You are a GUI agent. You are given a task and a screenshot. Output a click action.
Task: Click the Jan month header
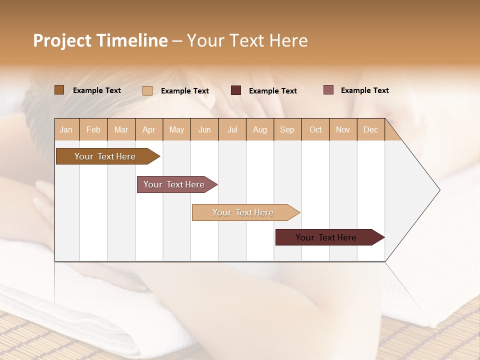point(66,129)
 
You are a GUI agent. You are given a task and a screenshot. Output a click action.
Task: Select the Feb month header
point(93,129)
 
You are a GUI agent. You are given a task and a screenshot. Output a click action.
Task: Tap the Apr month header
point(148,129)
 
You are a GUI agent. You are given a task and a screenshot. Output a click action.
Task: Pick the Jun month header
point(204,129)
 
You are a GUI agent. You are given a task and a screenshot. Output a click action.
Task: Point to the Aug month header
point(259,129)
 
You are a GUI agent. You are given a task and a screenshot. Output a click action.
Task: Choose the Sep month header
point(287,129)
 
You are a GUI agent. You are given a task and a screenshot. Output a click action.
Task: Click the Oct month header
point(315,129)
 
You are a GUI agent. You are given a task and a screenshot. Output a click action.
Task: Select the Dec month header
point(370,129)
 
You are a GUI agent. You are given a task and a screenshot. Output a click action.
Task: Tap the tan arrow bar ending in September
point(243,212)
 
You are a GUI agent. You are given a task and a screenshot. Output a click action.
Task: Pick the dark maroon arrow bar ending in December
point(326,237)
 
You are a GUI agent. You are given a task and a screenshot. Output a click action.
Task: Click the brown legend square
point(59,90)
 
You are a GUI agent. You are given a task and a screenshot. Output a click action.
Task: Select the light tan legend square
point(147,90)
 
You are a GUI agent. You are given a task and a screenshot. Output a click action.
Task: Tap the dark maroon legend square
point(236,90)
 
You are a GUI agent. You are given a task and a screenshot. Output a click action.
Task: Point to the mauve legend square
point(328,90)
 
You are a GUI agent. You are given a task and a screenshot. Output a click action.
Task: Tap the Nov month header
point(343,129)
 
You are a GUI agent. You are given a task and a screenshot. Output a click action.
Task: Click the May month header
point(176,129)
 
